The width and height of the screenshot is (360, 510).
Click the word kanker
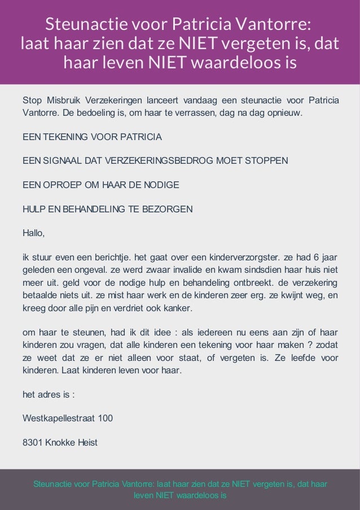pos(178,309)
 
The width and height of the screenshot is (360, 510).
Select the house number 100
pos(105,419)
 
